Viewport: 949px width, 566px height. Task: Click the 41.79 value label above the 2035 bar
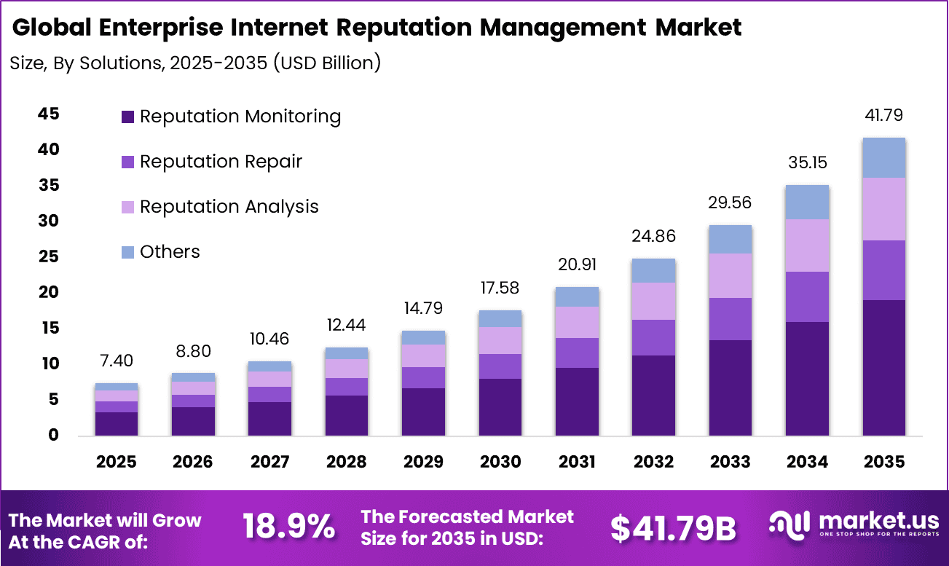click(884, 116)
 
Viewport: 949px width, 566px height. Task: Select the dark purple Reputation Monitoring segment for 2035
click(884, 368)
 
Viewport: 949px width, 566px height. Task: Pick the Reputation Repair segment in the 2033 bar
click(731, 319)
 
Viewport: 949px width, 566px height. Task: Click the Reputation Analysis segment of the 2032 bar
click(653, 301)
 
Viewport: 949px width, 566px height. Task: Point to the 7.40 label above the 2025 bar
click(117, 361)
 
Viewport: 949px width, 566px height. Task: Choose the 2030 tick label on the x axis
click(500, 462)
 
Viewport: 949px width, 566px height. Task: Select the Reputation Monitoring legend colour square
click(128, 117)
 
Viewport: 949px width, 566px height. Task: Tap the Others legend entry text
click(170, 252)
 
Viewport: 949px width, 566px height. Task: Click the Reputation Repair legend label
click(221, 162)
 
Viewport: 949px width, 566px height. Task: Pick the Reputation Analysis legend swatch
click(128, 207)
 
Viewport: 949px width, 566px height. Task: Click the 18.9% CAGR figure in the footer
click(288, 527)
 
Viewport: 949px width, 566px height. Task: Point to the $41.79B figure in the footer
click(674, 528)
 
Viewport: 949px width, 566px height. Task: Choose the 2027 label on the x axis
click(269, 462)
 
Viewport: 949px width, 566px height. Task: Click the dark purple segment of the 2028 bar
click(347, 415)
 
